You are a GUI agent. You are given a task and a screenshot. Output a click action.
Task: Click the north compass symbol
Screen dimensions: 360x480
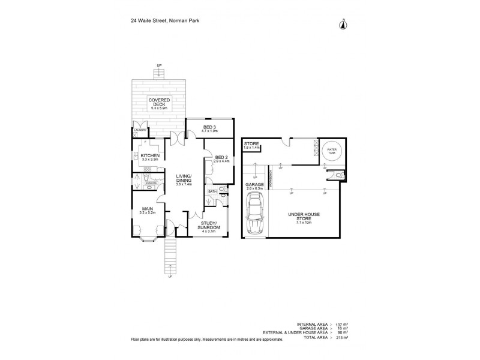coord(343,24)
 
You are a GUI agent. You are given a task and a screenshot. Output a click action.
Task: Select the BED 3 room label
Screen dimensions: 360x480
coord(209,128)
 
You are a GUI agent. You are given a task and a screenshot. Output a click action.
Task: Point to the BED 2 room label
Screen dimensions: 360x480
coord(221,158)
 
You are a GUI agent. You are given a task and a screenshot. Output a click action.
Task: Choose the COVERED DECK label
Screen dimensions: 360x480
coord(160,102)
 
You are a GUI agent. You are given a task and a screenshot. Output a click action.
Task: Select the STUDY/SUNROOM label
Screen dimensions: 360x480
coord(209,226)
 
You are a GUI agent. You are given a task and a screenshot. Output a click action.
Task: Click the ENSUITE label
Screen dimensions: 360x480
coord(150,183)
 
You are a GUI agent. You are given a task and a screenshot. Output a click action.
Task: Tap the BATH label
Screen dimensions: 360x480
coord(212,192)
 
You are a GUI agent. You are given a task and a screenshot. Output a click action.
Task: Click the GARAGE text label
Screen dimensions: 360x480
coord(255,185)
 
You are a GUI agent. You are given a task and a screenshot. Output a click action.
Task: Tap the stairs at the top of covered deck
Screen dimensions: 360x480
coord(159,74)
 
